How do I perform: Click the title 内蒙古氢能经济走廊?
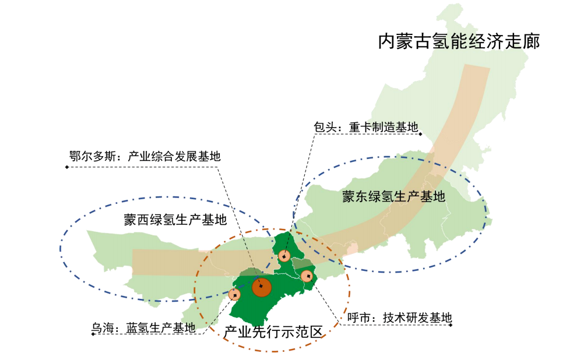click(x=458, y=42)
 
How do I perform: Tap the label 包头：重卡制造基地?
click(x=366, y=127)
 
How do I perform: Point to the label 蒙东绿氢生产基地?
click(x=393, y=196)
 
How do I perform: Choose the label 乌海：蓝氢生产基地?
click(x=143, y=328)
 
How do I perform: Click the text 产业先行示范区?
click(x=273, y=332)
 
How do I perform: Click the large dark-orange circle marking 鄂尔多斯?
click(x=262, y=287)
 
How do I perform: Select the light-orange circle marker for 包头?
click(x=284, y=256)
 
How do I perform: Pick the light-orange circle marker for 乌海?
click(x=234, y=295)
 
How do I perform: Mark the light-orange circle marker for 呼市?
click(x=307, y=276)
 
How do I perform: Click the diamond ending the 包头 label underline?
click(x=420, y=134)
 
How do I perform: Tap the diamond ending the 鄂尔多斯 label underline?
click(x=67, y=168)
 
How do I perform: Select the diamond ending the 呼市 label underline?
click(x=452, y=325)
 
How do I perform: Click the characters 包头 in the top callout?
click(x=324, y=127)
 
